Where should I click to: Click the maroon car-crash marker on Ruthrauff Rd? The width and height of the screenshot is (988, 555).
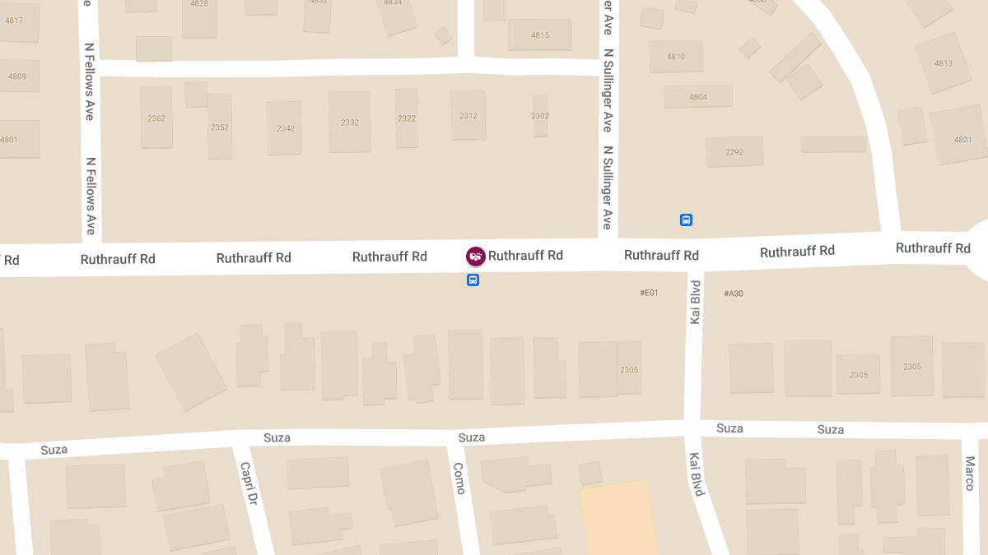(x=475, y=257)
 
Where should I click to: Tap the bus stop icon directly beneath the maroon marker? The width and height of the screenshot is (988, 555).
(x=473, y=280)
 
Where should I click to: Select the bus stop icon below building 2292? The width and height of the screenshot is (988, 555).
(x=686, y=220)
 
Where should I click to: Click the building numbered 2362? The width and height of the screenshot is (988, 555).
(x=156, y=118)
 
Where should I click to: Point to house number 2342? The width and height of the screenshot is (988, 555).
(x=285, y=127)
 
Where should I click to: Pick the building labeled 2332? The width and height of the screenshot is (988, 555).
(x=350, y=122)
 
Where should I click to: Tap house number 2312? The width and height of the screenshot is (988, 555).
(x=468, y=116)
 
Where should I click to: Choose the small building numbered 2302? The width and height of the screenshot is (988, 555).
(x=540, y=116)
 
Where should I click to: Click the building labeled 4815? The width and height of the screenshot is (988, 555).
(x=539, y=35)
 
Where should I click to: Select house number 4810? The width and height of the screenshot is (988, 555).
(x=675, y=57)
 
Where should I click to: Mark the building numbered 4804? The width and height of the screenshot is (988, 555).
(x=698, y=96)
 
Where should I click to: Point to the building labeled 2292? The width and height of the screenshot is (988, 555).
(x=734, y=151)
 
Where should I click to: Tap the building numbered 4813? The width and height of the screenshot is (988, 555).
(x=944, y=62)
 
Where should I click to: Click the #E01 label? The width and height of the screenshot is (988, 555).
(x=649, y=293)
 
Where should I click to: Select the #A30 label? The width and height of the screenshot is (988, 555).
(x=733, y=294)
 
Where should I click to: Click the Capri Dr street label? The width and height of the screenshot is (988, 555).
(x=249, y=483)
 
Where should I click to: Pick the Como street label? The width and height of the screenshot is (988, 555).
(x=459, y=478)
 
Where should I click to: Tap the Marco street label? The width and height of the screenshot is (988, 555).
(x=970, y=473)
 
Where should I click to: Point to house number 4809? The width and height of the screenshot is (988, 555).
(x=17, y=76)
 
